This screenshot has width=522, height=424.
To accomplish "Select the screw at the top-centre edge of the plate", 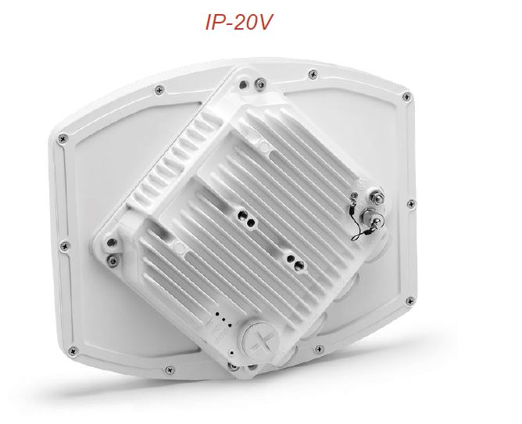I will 313,74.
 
